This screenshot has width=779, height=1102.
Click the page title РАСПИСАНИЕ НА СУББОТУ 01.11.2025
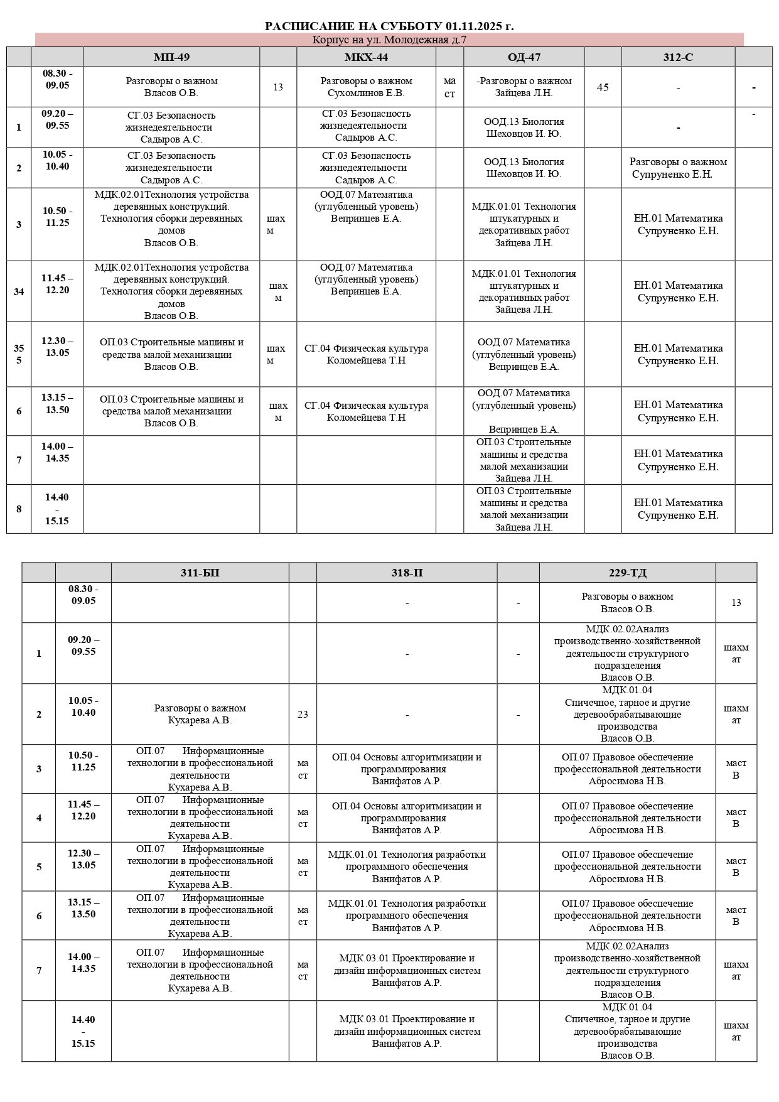point(389,26)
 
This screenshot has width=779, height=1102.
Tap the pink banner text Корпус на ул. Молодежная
point(389,40)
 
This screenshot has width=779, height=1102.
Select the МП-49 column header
point(171,57)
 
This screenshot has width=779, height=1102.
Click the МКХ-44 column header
point(366,57)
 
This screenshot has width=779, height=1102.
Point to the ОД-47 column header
point(524,57)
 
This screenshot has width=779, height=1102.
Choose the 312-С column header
point(678,57)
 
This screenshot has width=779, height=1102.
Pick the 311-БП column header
point(200,573)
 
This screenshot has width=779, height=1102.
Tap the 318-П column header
point(407,573)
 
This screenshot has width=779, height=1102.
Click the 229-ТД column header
point(627,573)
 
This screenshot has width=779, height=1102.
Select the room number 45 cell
point(603,87)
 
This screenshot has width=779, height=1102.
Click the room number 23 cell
point(303,714)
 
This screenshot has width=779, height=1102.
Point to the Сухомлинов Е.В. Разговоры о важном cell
point(366,87)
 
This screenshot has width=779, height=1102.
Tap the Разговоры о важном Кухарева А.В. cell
point(200,714)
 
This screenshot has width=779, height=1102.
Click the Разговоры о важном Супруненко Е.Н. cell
point(678,168)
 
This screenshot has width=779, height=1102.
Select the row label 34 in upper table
point(19,291)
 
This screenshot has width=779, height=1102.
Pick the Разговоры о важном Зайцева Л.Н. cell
point(524,87)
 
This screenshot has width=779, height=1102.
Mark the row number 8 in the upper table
point(19,509)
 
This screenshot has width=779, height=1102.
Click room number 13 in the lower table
point(736,603)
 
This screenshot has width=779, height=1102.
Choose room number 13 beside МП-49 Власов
point(278,87)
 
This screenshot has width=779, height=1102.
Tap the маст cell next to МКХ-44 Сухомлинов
point(449,87)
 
